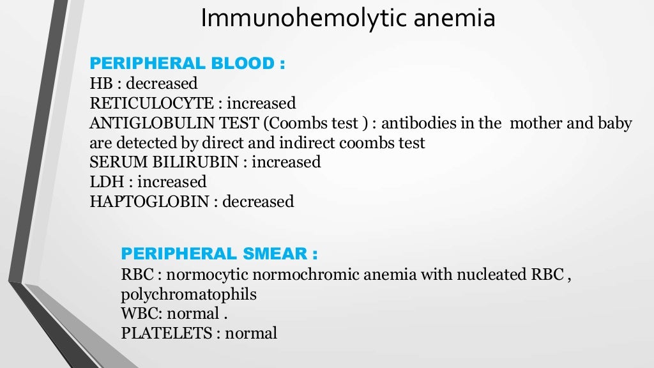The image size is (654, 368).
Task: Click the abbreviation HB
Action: [100, 83]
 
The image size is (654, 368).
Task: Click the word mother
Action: [536, 123]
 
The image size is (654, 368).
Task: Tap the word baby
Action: [616, 123]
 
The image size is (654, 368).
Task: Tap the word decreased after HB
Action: [162, 83]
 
